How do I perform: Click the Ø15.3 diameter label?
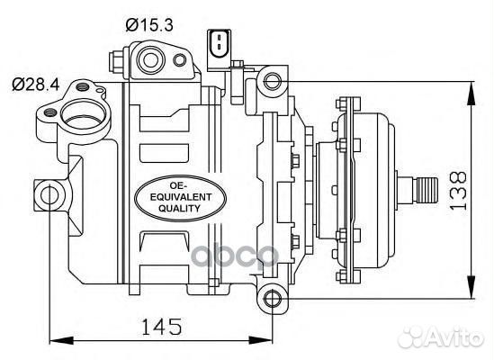coord(149,25)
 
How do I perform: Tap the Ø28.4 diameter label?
coord(36,85)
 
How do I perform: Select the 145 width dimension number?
coord(162,327)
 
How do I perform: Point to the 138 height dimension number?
coord(458,191)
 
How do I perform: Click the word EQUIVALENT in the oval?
coord(181,197)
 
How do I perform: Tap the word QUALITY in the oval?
coord(179,209)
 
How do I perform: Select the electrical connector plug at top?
coord(219,49)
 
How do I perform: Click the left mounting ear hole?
coord(49,195)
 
